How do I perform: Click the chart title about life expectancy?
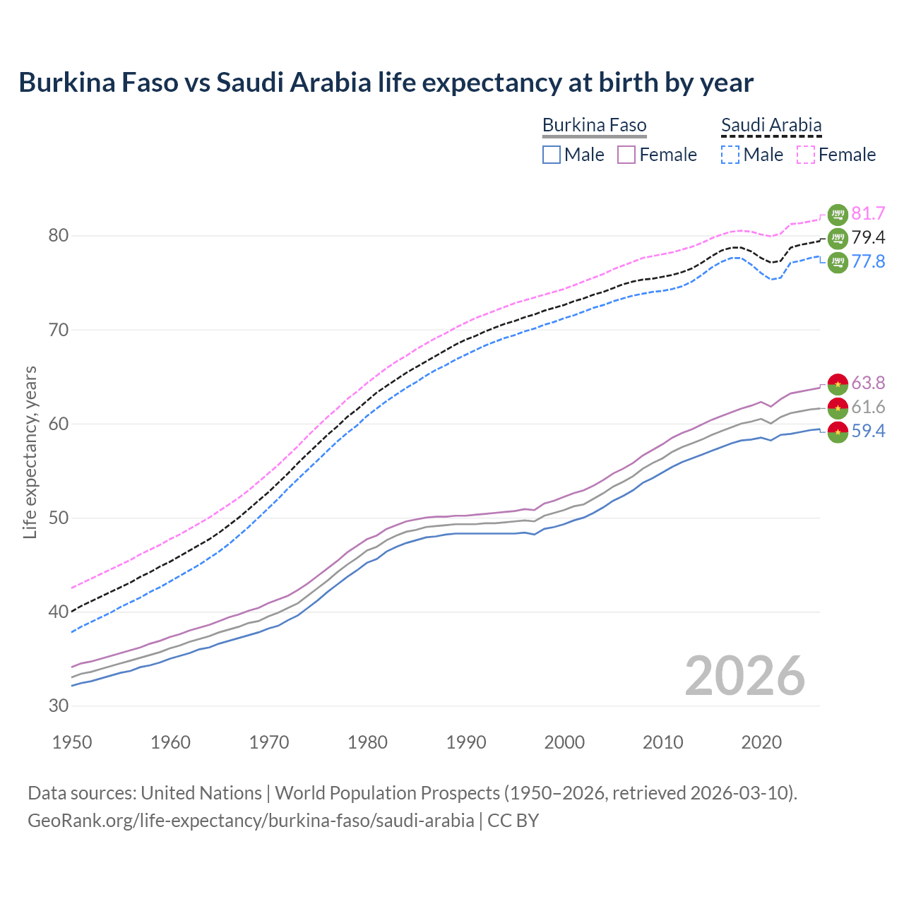point(386,83)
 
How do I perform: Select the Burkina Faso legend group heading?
point(594,126)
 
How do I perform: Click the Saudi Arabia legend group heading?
point(771,126)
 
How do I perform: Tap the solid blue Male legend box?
point(552,155)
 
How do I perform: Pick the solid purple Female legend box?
point(626,155)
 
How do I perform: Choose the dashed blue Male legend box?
point(730,155)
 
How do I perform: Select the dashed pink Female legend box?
point(805,155)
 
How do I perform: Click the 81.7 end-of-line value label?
point(868,213)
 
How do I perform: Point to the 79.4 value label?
point(868,237)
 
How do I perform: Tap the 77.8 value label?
point(868,261)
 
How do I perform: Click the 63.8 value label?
point(868,383)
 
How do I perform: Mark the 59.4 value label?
point(868,431)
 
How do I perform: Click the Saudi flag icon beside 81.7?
point(838,214)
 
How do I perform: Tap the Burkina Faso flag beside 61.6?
point(838,408)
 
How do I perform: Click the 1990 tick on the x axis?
point(466,742)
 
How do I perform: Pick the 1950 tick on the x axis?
point(72,742)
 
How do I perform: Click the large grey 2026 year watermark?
point(744,676)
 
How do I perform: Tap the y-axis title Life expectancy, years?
point(30,452)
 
